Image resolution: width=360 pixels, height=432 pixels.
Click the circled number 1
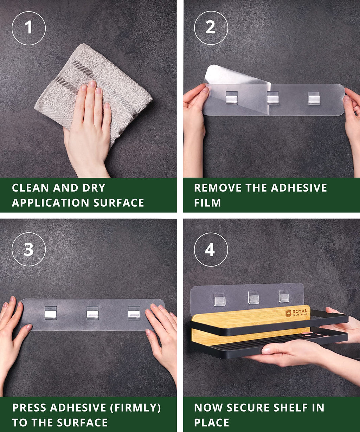(x=28, y=28)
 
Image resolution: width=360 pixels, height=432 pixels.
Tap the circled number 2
(x=211, y=28)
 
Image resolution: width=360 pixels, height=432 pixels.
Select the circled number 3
(x=28, y=249)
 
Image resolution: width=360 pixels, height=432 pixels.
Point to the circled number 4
(x=211, y=250)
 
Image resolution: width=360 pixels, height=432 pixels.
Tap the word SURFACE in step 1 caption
(x=118, y=202)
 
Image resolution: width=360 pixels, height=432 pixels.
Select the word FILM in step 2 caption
(x=207, y=202)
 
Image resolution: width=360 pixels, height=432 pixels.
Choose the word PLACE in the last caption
(x=212, y=422)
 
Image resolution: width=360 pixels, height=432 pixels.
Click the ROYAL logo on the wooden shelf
(x=296, y=313)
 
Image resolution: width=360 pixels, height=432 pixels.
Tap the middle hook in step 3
(x=92, y=312)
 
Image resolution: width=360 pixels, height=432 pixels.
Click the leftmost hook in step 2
(x=232, y=97)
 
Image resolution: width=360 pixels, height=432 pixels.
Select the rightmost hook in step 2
(x=314, y=98)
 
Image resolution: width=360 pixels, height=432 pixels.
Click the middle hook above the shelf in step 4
(x=254, y=297)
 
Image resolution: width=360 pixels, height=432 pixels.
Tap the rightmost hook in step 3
(x=134, y=312)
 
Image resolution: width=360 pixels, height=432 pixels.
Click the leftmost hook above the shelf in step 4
(x=219, y=299)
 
